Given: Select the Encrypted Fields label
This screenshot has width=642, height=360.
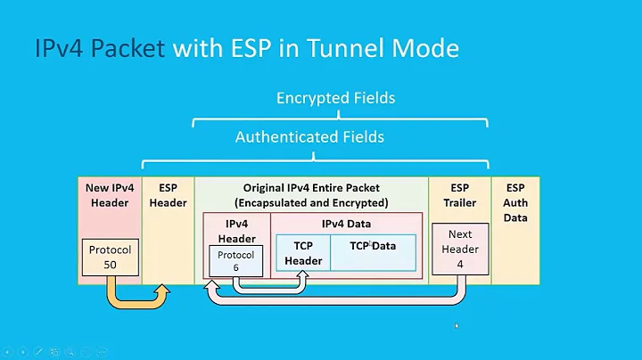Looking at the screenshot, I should click(x=335, y=98).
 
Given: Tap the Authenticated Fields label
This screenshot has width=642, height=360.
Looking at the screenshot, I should click(x=309, y=136).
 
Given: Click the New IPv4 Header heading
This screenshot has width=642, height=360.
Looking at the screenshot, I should click(x=109, y=195).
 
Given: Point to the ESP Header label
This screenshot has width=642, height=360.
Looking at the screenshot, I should click(x=168, y=195).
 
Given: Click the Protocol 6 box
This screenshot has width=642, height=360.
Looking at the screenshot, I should click(x=236, y=260).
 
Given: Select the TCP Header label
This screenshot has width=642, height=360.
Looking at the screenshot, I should click(x=303, y=252).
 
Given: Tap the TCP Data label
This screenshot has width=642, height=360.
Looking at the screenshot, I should click(x=373, y=245).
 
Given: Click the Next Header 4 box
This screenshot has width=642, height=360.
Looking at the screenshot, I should click(x=460, y=250).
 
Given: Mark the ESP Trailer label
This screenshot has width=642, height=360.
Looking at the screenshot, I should click(x=460, y=195).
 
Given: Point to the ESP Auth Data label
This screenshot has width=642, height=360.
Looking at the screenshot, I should click(x=515, y=202).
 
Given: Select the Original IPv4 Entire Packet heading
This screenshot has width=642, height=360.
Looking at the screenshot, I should click(x=311, y=188).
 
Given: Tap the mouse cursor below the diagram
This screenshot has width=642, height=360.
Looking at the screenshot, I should click(x=457, y=325).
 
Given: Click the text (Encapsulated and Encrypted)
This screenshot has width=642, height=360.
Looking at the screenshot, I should click(x=311, y=202).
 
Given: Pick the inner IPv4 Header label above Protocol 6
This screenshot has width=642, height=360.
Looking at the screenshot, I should click(x=236, y=231).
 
